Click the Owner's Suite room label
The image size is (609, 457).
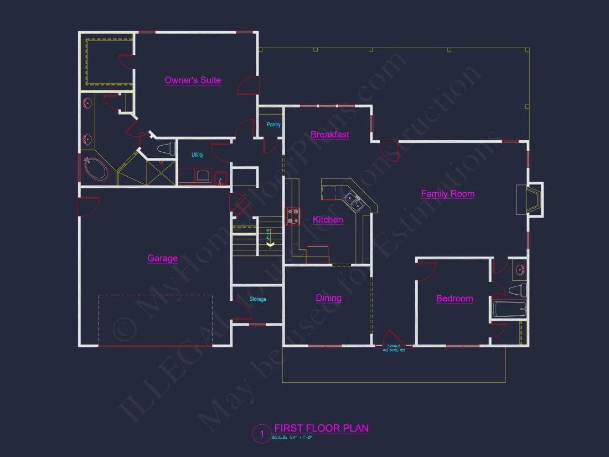193,80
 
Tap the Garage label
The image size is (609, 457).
162,258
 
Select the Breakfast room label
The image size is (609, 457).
329,135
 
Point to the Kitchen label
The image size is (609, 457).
328,220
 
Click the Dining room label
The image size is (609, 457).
328,298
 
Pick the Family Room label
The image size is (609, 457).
447,194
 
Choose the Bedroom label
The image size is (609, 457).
455,299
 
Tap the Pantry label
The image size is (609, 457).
273,125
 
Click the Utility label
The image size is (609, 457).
197,155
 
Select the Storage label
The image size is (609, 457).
257,299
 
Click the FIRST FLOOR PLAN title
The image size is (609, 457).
321,428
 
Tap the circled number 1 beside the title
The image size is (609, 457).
261,434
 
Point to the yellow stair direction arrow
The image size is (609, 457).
271,243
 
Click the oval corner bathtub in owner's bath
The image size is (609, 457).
95,170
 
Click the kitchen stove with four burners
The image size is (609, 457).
293,215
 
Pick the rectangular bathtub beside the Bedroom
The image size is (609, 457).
508,309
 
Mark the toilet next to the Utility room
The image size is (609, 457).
166,148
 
